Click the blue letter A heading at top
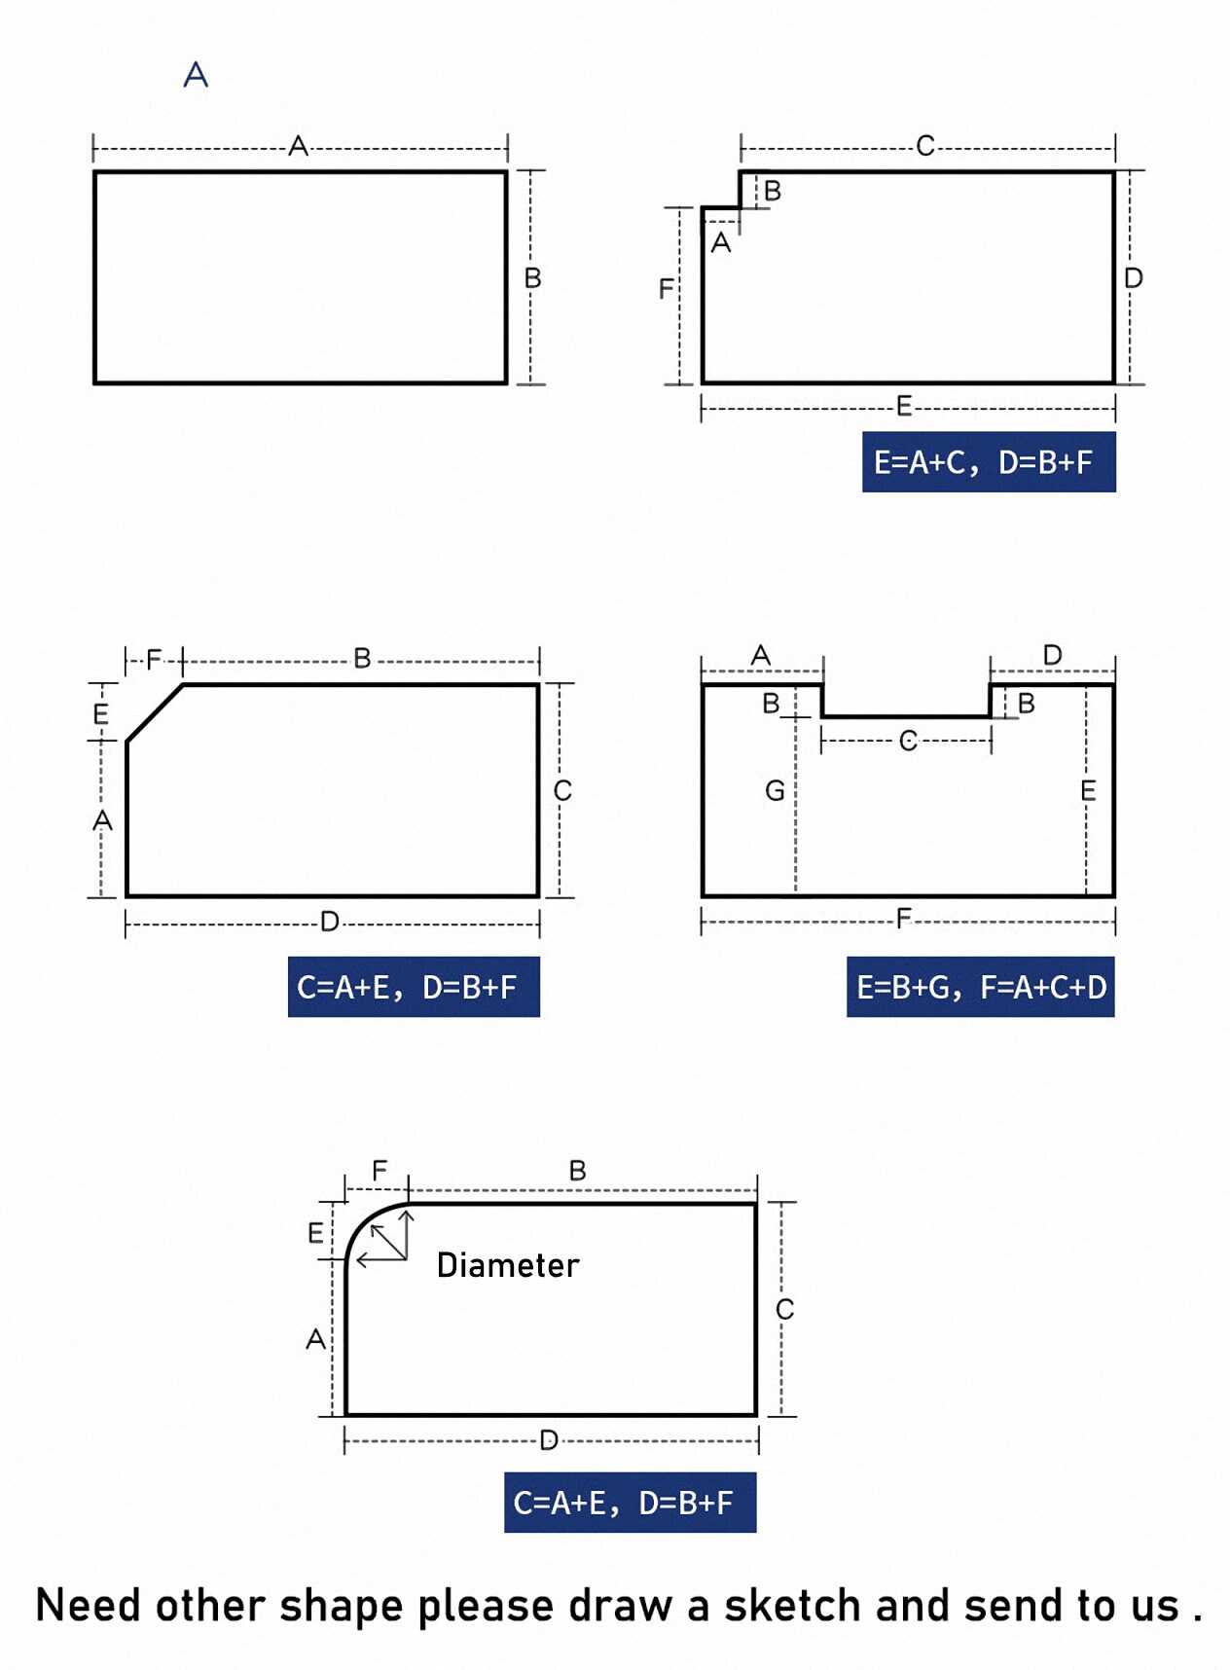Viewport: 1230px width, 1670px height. tap(196, 74)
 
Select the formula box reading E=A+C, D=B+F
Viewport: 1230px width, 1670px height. tap(989, 461)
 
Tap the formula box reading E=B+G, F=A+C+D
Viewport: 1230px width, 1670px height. tap(981, 987)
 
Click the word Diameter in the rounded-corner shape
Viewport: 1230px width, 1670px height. tap(508, 1264)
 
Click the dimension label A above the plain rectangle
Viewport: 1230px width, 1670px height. tap(298, 146)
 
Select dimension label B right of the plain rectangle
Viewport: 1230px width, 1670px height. tap(532, 278)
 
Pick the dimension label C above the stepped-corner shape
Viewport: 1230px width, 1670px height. tap(925, 146)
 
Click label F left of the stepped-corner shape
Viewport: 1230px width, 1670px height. tap(666, 288)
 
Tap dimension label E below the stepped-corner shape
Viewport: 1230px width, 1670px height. tap(904, 406)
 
